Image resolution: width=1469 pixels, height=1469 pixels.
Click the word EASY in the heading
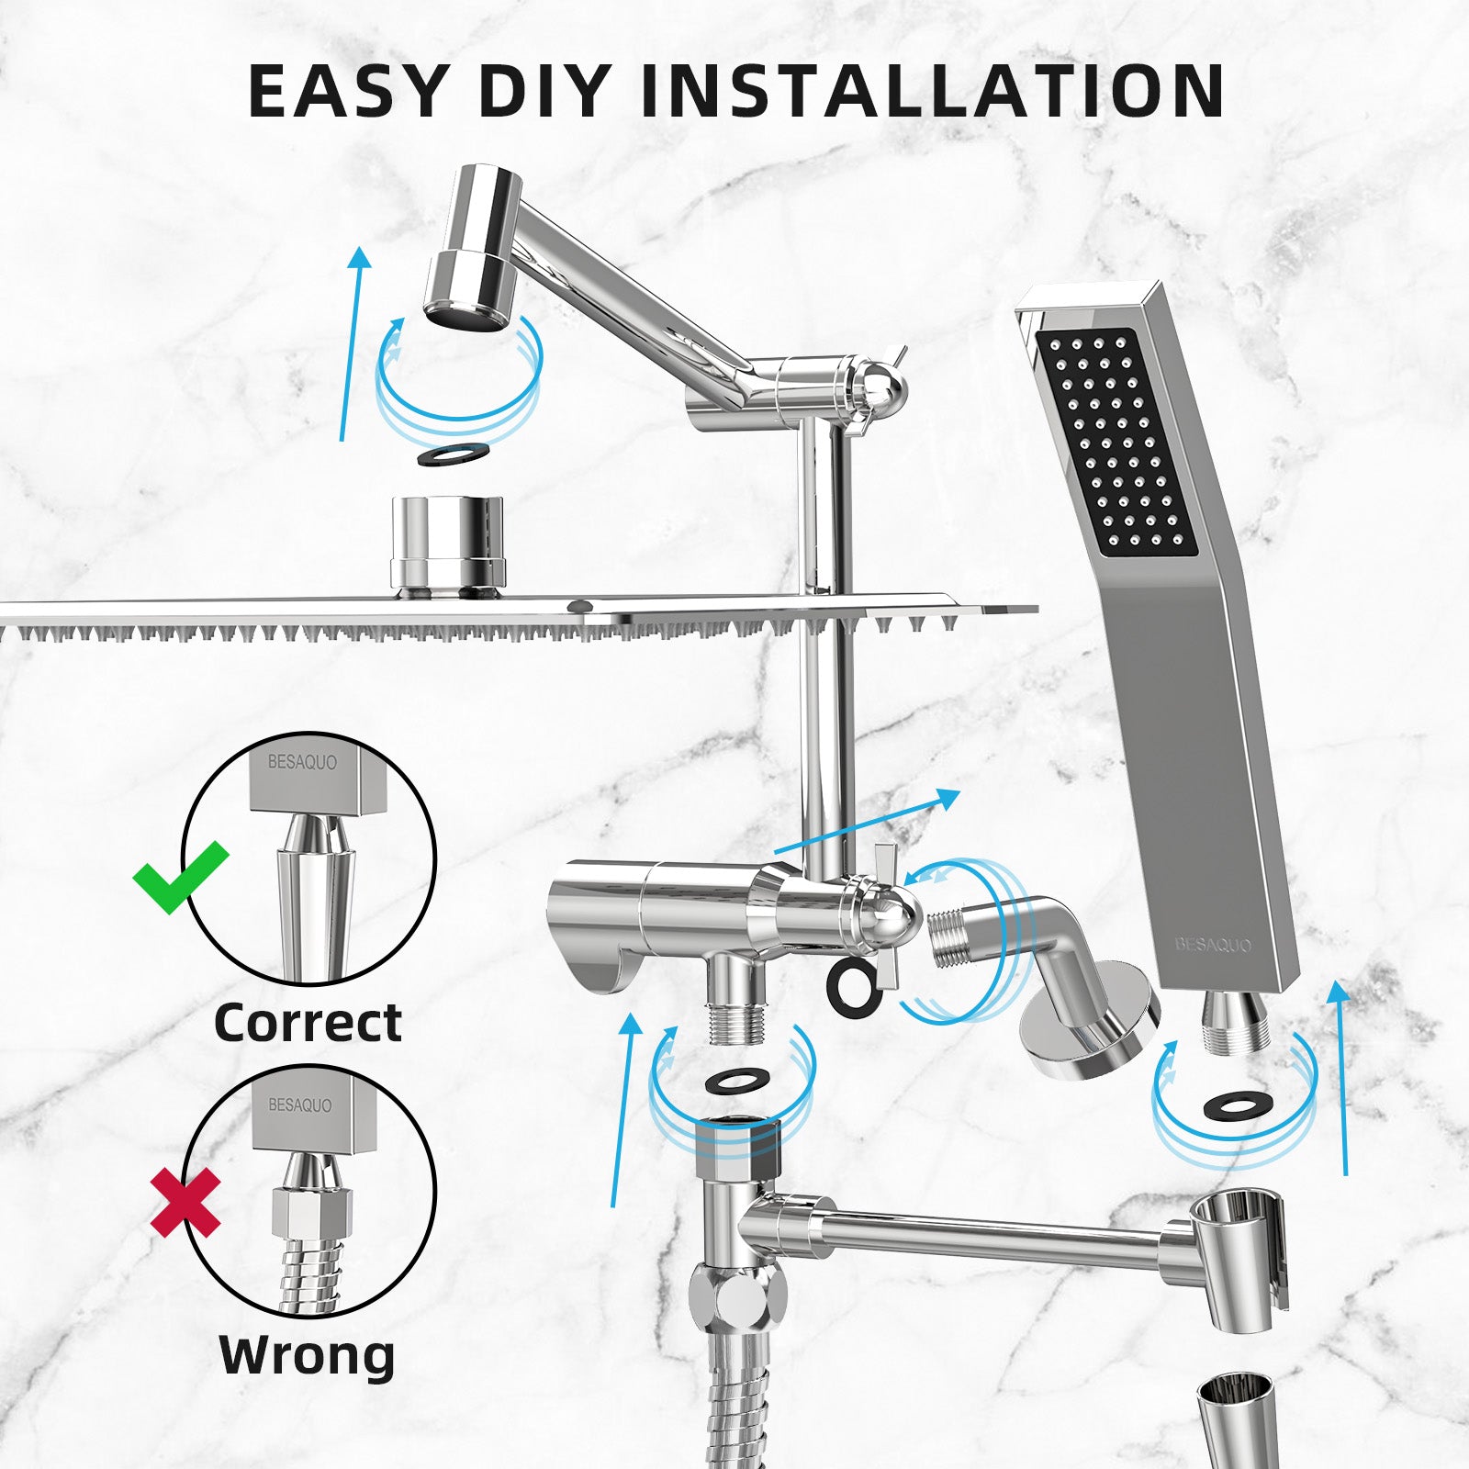tap(346, 91)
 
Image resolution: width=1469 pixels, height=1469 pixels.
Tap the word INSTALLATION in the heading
tap(931, 91)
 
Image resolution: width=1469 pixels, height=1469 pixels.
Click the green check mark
tap(181, 877)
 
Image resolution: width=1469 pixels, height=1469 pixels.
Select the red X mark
tap(186, 1202)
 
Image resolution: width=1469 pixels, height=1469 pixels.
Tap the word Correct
tap(308, 1023)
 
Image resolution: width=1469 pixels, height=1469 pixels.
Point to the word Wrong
tap(308, 1354)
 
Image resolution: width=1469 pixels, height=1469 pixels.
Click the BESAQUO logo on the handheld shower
tap(1214, 944)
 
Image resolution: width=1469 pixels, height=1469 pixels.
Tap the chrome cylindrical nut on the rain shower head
tap(448, 542)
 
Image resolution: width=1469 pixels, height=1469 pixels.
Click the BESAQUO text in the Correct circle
tap(302, 762)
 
